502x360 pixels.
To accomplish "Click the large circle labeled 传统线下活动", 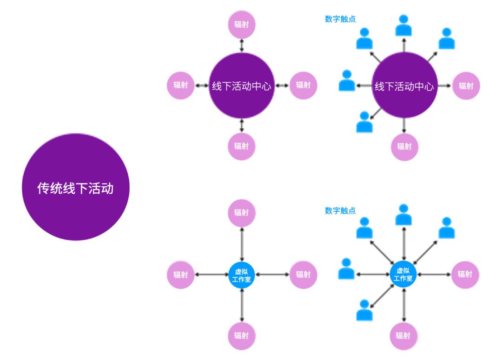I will tap(75, 187).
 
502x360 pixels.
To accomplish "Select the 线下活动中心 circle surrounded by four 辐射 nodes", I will tap(242, 86).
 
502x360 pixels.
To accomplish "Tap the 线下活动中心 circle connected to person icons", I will tap(404, 86).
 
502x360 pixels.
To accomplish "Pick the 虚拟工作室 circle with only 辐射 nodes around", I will tap(242, 275).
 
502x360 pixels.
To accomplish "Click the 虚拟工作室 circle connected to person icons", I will tap(403, 275).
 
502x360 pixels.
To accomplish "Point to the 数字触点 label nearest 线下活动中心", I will tap(340, 20).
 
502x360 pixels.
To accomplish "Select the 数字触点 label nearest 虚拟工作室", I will tap(340, 211).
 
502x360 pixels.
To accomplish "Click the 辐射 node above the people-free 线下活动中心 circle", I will tap(242, 24).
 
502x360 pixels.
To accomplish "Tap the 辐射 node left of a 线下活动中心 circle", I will tap(180, 85).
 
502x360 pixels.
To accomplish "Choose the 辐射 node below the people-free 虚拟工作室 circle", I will tap(242, 335).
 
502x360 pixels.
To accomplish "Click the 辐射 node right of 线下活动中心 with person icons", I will tap(466, 86).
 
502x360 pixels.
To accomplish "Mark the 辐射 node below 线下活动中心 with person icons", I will tap(404, 147).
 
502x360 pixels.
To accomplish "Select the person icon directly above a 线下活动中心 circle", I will tap(403, 26).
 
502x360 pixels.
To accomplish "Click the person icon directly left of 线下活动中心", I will tap(347, 81).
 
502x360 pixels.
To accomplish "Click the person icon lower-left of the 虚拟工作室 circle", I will tap(364, 310).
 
